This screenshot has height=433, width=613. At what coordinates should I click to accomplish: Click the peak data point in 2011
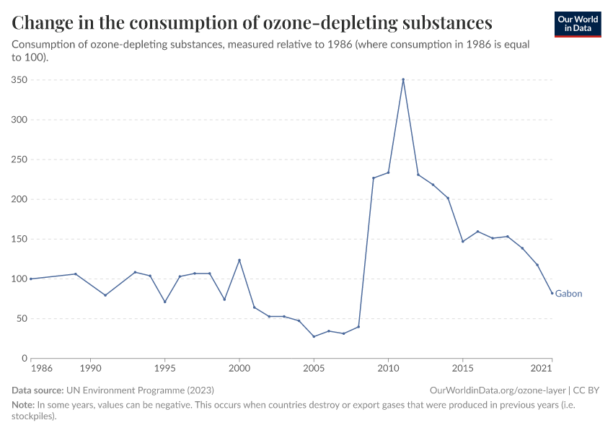click(403, 79)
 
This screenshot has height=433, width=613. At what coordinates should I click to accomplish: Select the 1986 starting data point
click(31, 279)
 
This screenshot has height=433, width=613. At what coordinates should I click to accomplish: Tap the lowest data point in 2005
click(314, 336)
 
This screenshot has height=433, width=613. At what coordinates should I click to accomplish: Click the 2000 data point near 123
click(239, 260)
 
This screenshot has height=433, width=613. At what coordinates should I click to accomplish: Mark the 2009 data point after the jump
click(374, 178)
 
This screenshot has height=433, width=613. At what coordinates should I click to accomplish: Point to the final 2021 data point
click(552, 293)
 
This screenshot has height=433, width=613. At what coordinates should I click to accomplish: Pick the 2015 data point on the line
click(462, 241)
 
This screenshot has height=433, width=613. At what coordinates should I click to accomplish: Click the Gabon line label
click(568, 294)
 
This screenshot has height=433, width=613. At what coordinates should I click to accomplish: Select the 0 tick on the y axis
click(24, 358)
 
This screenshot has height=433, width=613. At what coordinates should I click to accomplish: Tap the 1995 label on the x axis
click(164, 368)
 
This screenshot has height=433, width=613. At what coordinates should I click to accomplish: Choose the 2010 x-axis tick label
click(388, 368)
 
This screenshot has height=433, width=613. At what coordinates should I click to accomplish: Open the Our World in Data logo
click(578, 24)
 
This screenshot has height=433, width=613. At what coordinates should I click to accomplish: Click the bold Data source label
click(38, 390)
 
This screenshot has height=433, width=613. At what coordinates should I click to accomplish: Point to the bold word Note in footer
click(23, 405)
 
